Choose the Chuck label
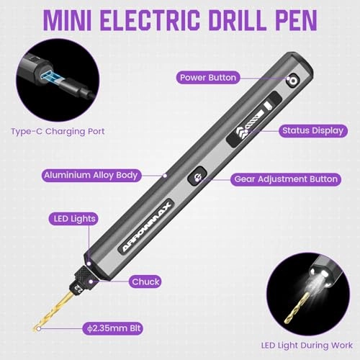146,282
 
